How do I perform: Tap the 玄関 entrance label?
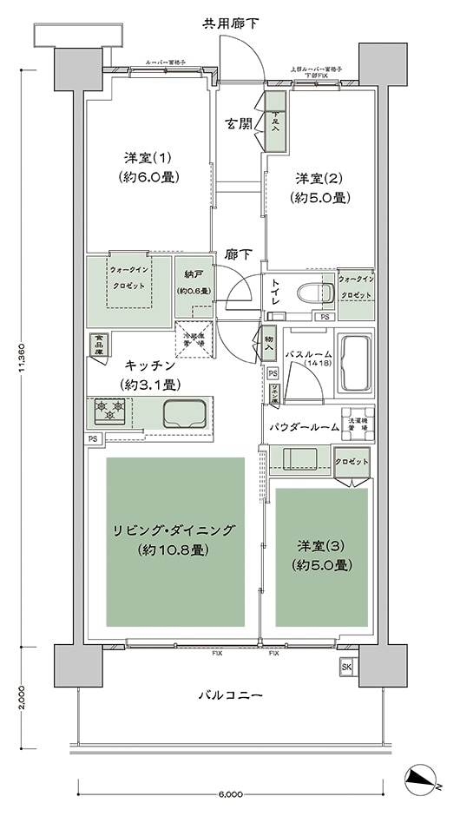[x=239, y=123]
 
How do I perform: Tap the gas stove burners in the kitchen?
[x=112, y=411]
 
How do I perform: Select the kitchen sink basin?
[x=185, y=412]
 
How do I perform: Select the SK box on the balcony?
[x=347, y=666]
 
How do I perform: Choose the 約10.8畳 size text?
[x=176, y=549]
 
